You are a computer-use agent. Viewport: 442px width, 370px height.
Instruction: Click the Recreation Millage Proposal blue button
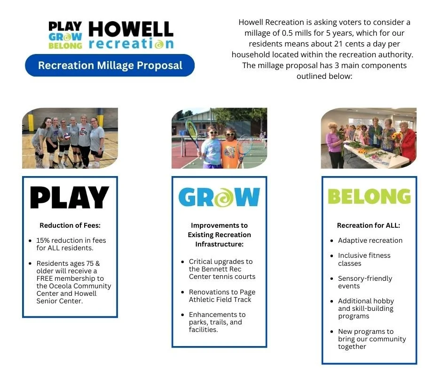(x=110, y=65)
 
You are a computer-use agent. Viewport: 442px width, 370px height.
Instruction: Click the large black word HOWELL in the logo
(x=131, y=29)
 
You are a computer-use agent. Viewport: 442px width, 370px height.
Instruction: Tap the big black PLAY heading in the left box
(x=70, y=198)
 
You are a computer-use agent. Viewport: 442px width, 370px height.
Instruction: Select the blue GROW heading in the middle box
(x=219, y=197)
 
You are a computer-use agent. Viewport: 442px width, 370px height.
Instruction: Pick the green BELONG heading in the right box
(x=369, y=197)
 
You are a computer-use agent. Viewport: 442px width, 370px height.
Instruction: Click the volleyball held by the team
(x=67, y=136)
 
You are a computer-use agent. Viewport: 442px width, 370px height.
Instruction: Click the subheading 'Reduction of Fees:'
(x=70, y=225)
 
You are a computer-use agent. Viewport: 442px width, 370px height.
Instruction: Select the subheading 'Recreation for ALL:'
(x=369, y=225)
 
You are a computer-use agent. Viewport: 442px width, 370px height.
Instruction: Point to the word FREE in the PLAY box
(x=45, y=278)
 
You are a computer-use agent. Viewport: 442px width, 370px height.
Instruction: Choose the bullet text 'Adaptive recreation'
(x=370, y=240)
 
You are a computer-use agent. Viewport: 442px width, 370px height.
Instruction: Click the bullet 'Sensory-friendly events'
(x=365, y=282)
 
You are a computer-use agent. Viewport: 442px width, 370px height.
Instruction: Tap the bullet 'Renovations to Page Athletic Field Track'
(x=222, y=296)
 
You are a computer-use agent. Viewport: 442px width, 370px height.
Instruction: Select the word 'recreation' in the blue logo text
(x=131, y=44)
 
